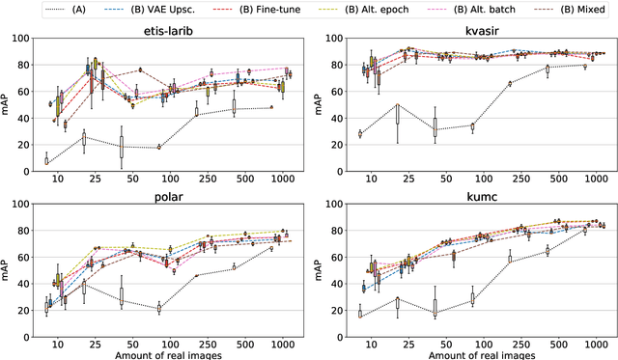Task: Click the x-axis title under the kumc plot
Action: coord(472,353)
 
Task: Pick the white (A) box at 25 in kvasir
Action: coord(397,113)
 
